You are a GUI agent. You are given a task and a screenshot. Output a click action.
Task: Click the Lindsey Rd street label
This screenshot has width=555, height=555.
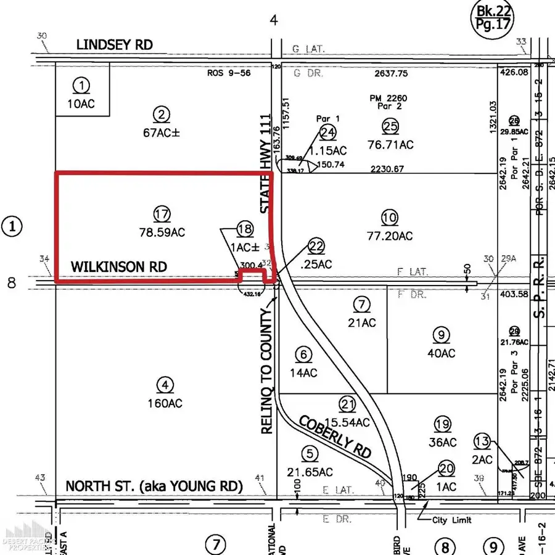114,45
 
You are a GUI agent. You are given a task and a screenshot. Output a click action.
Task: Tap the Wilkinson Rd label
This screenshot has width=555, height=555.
118,267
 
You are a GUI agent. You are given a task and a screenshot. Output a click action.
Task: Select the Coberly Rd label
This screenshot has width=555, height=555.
335,435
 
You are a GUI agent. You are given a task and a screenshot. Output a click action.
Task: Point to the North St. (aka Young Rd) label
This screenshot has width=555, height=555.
154,485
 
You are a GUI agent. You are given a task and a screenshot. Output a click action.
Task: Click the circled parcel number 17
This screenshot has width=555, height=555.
162,215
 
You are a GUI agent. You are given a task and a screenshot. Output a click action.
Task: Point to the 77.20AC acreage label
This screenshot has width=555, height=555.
388,236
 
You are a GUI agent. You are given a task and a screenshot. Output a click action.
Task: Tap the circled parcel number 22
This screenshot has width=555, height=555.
316,246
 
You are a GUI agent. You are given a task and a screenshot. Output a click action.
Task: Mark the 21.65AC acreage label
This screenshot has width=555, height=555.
310,472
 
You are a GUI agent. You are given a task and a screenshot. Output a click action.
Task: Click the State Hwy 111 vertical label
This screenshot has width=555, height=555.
266,164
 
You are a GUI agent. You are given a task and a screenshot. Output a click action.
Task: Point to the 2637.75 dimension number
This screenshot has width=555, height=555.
392,73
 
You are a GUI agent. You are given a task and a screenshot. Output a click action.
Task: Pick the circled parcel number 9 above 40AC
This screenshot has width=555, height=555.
441,335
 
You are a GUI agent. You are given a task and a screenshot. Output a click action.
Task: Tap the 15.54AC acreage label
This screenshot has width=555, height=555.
346,422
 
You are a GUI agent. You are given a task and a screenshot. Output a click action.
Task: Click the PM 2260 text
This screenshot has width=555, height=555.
390,98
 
